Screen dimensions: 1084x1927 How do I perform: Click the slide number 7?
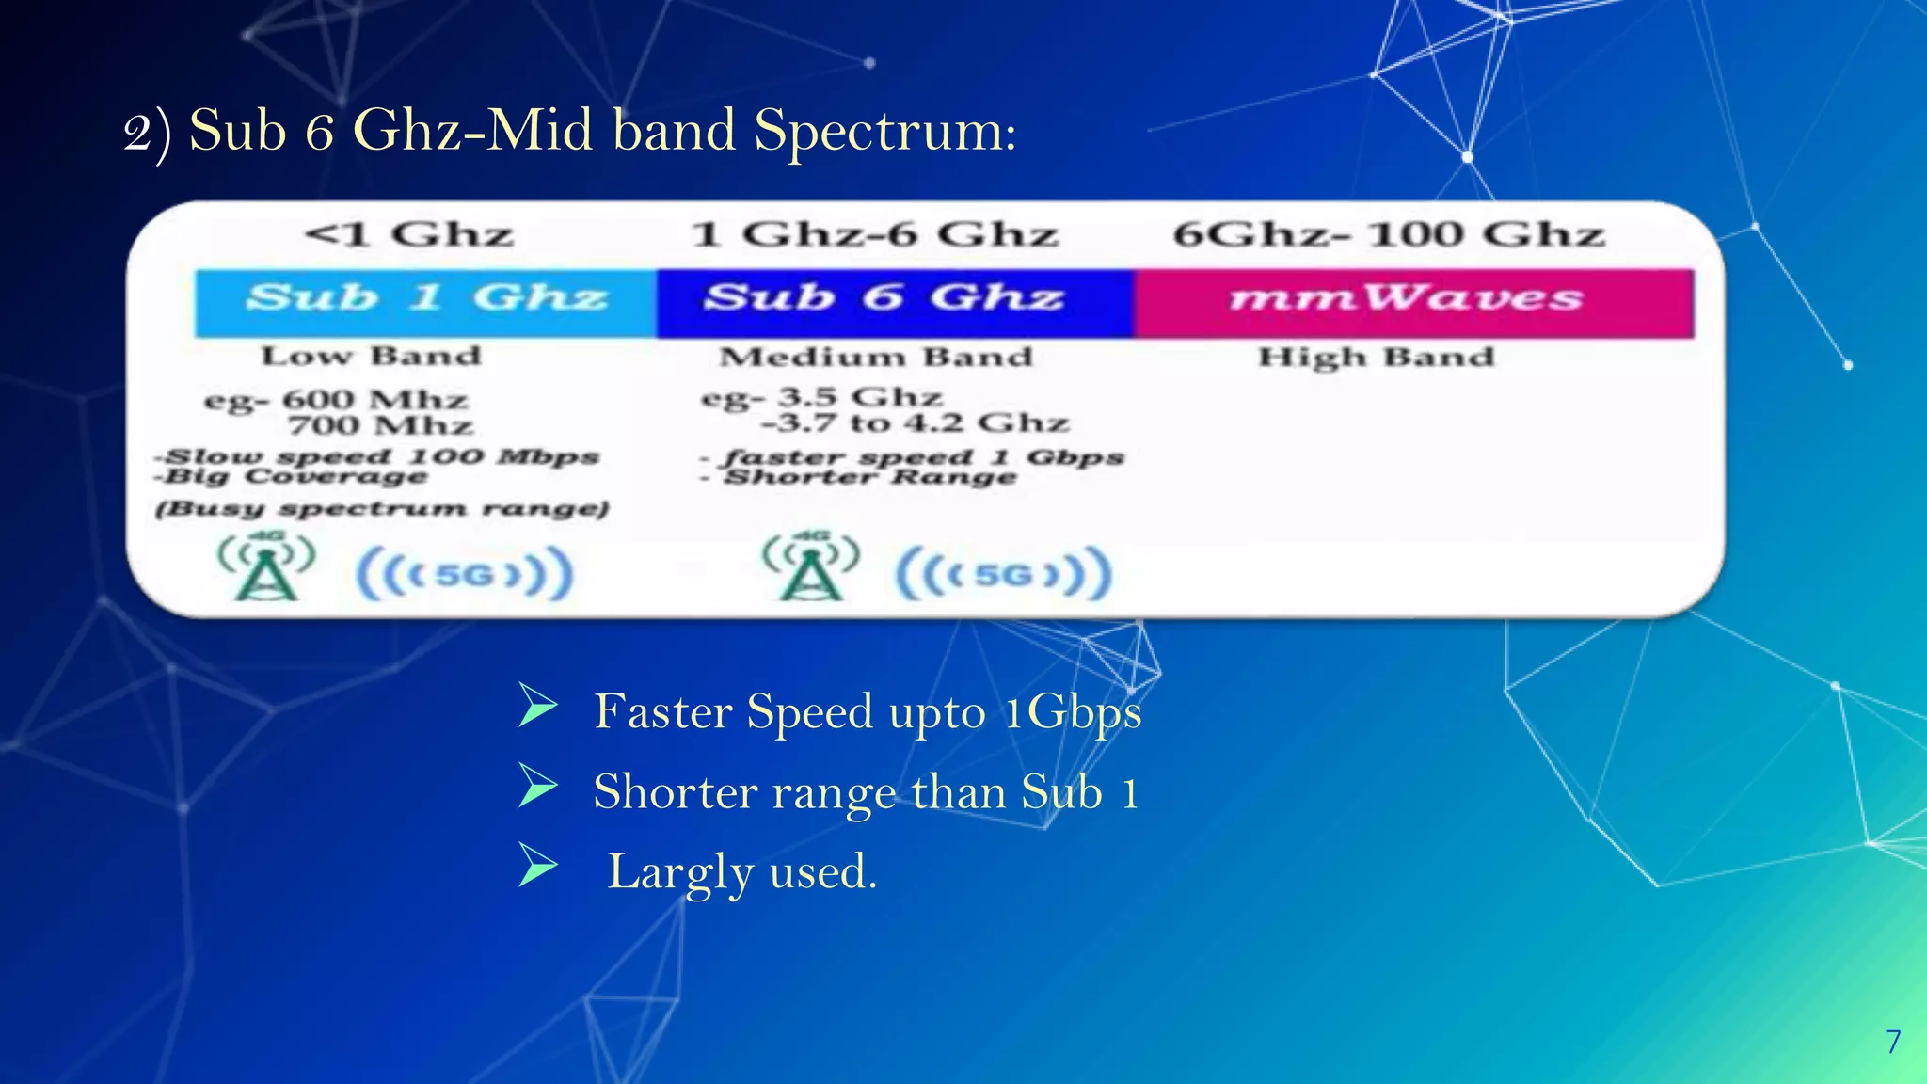[1893, 1042]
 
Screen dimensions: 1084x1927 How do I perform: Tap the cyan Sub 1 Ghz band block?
[425, 301]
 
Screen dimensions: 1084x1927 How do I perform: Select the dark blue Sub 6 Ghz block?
[894, 301]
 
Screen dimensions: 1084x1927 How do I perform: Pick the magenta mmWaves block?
[1413, 301]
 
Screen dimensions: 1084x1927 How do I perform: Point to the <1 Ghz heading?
[409, 233]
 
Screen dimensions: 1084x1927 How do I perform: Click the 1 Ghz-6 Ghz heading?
[875, 233]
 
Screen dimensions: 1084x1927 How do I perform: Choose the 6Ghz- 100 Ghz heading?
[1389, 233]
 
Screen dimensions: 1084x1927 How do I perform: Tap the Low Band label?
[371, 356]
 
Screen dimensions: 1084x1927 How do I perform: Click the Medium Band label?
[876, 357]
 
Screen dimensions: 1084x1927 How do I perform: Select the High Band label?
[1377, 357]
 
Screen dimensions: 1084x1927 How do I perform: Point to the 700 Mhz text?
[380, 425]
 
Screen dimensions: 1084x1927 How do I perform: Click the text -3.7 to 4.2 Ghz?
[915, 422]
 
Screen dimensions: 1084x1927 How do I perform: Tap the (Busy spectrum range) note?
[382, 509]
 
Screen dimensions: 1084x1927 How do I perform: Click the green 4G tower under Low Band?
[266, 567]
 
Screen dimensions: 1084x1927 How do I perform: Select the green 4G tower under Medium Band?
[811, 567]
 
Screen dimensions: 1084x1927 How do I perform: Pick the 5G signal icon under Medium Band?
[1003, 573]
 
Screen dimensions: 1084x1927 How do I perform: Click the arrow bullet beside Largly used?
[538, 866]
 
